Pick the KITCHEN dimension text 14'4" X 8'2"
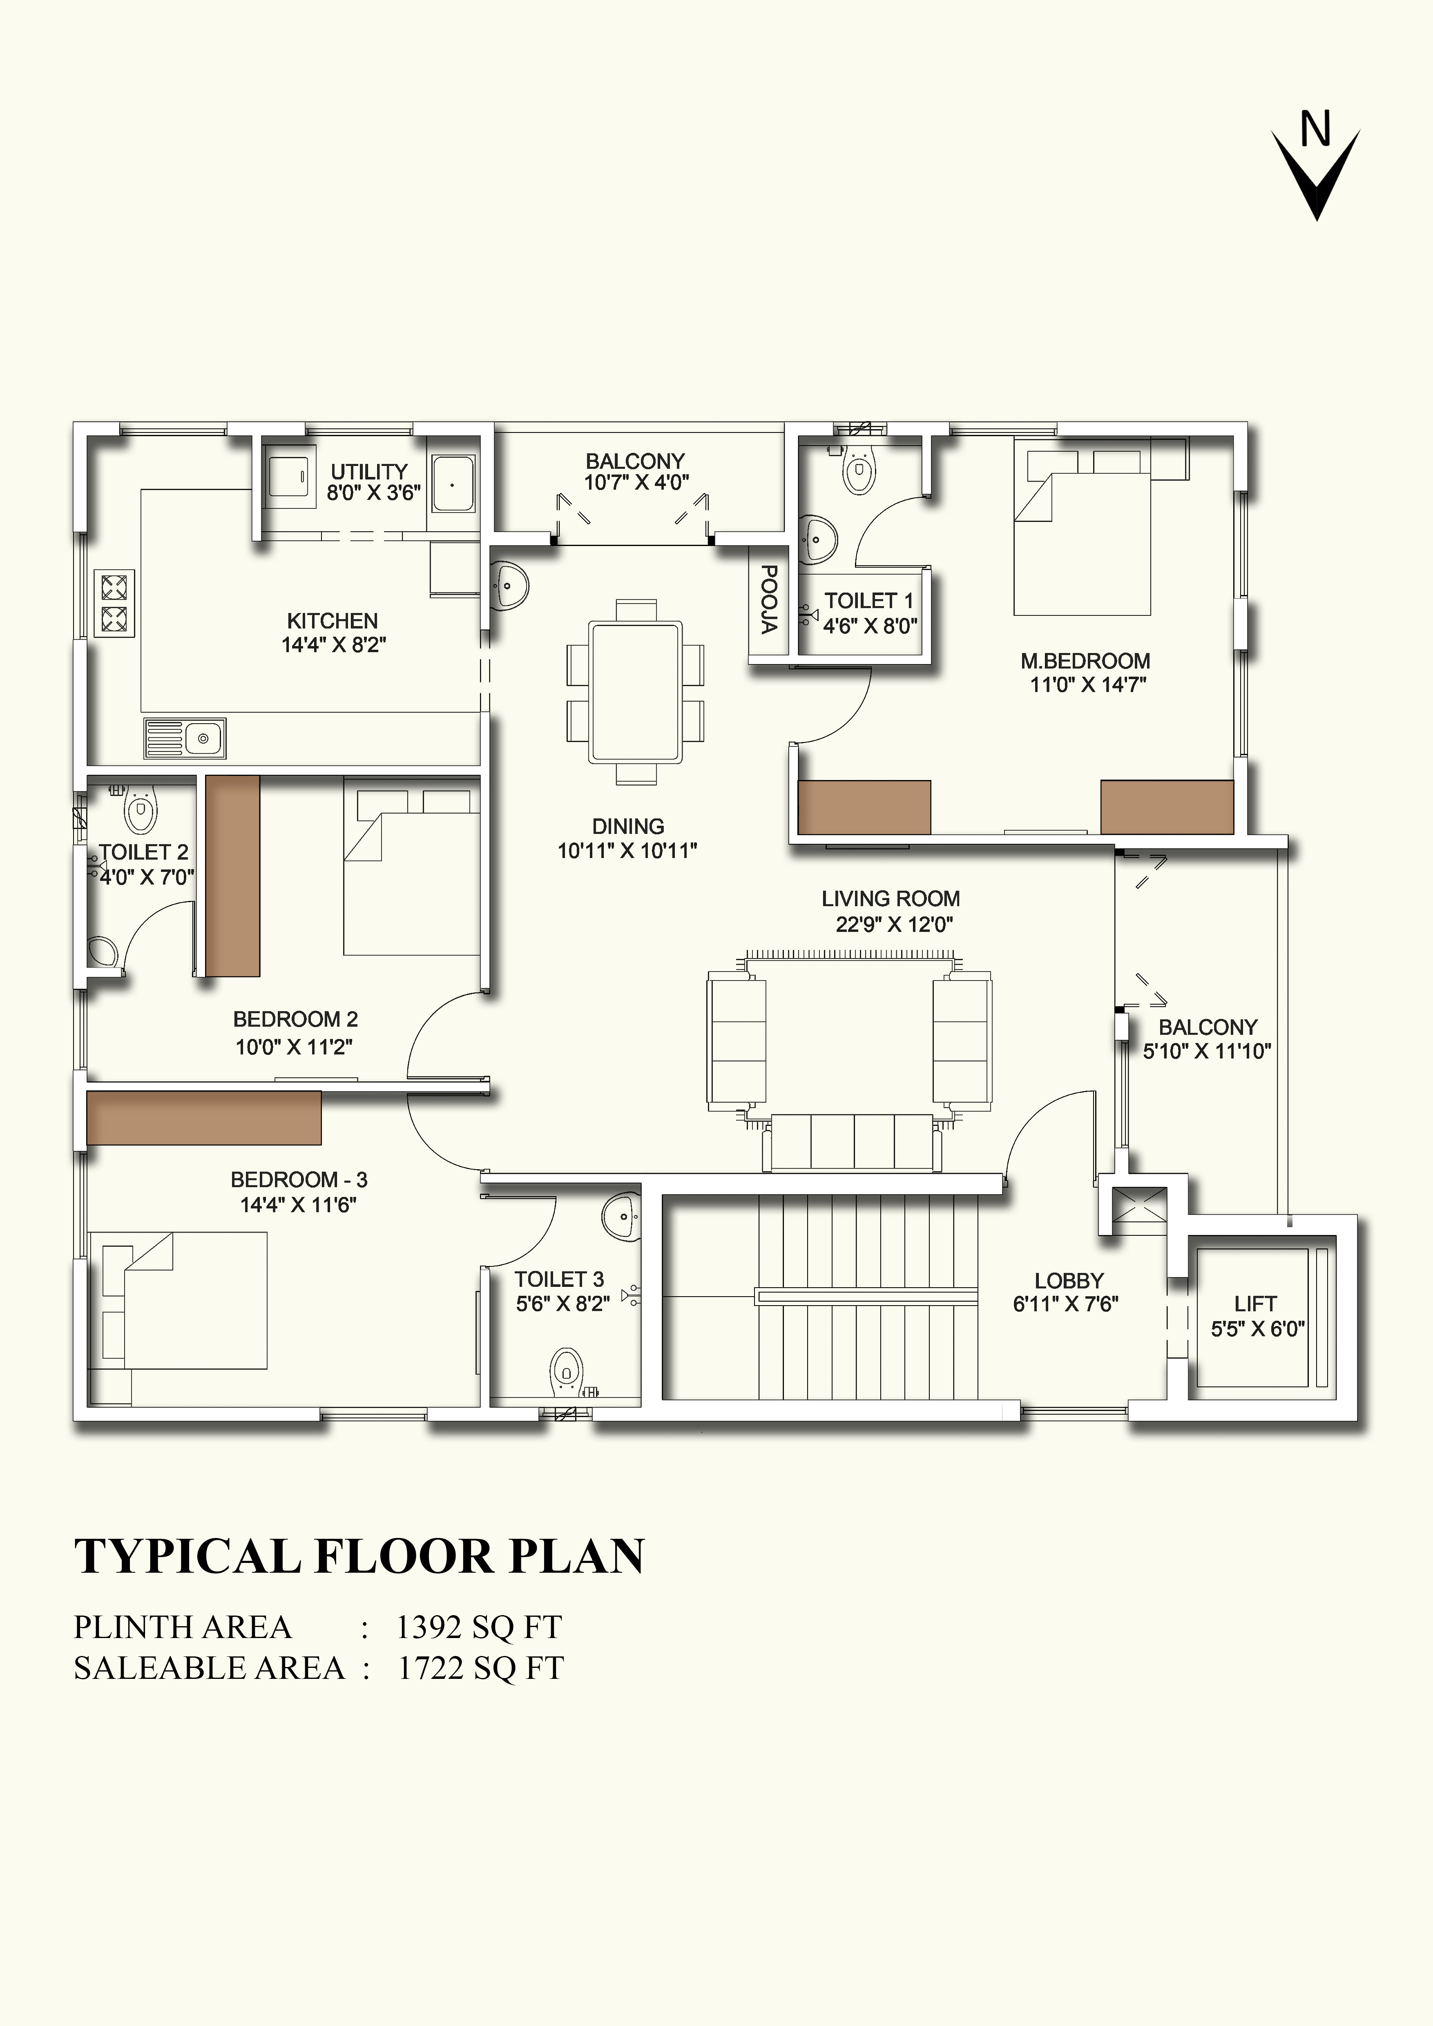click(x=334, y=645)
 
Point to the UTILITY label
click(x=369, y=471)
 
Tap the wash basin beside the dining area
click(x=508, y=582)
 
